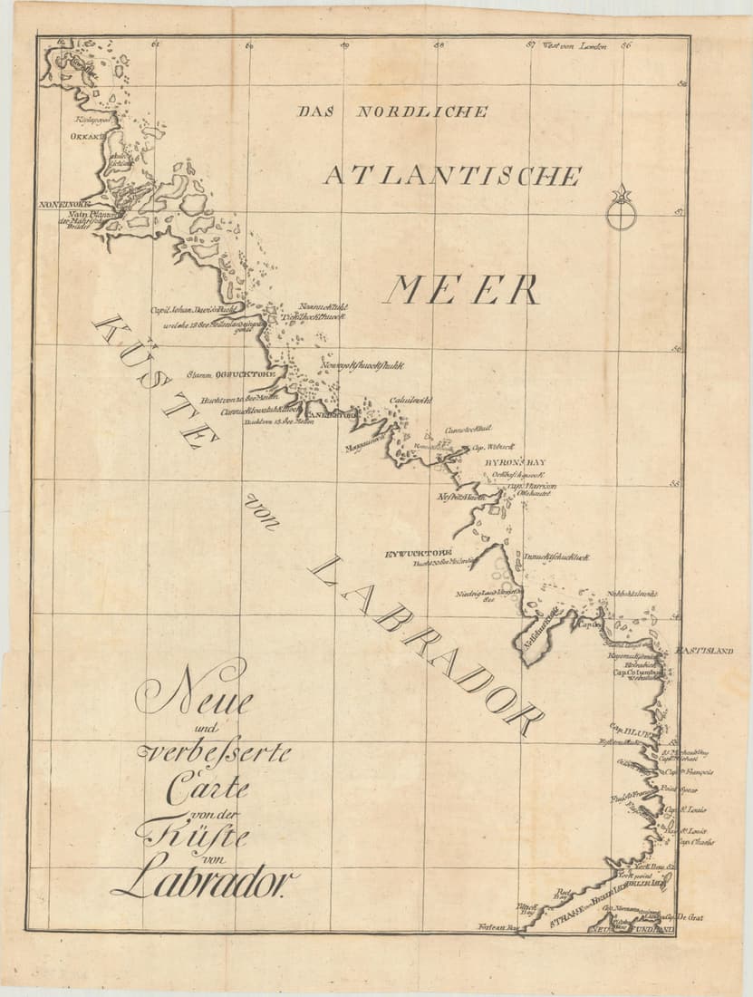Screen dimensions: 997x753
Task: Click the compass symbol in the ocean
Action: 621,209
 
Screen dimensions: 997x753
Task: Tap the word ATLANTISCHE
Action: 451,175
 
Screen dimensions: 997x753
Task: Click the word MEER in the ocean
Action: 461,290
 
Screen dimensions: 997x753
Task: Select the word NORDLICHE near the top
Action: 422,112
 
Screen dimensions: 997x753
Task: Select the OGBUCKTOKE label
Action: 245,373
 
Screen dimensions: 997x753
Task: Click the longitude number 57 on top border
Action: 532,45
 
